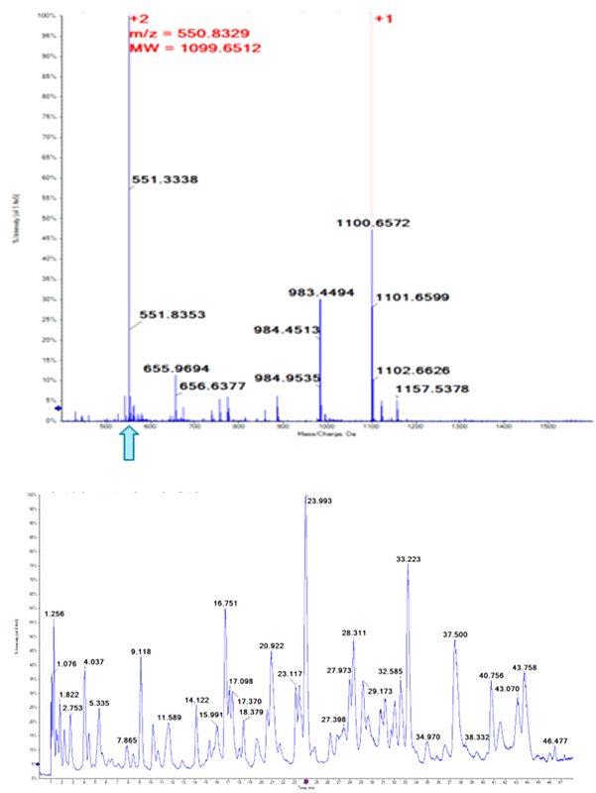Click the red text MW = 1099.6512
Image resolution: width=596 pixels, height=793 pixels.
195,47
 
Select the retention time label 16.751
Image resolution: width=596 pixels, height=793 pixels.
226,603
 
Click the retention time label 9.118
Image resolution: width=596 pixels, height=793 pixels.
141,651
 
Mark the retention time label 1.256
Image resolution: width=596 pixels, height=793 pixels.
56,615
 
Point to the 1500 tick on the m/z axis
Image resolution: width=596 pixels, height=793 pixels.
548,427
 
